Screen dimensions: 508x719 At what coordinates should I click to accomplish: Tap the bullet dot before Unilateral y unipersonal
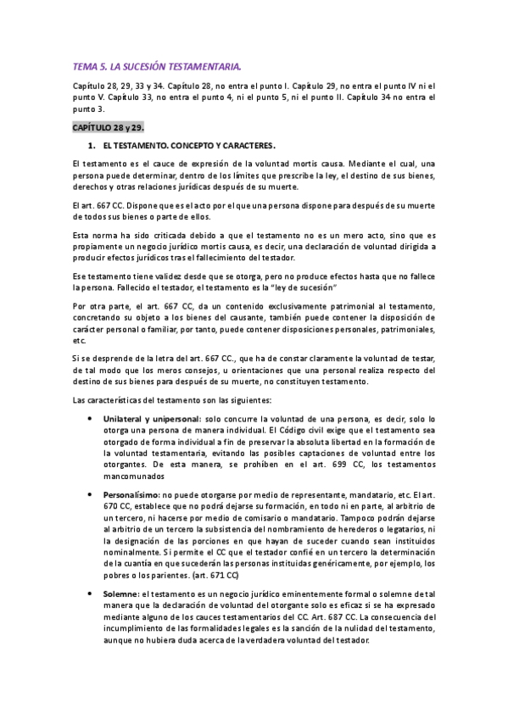coord(92,419)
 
